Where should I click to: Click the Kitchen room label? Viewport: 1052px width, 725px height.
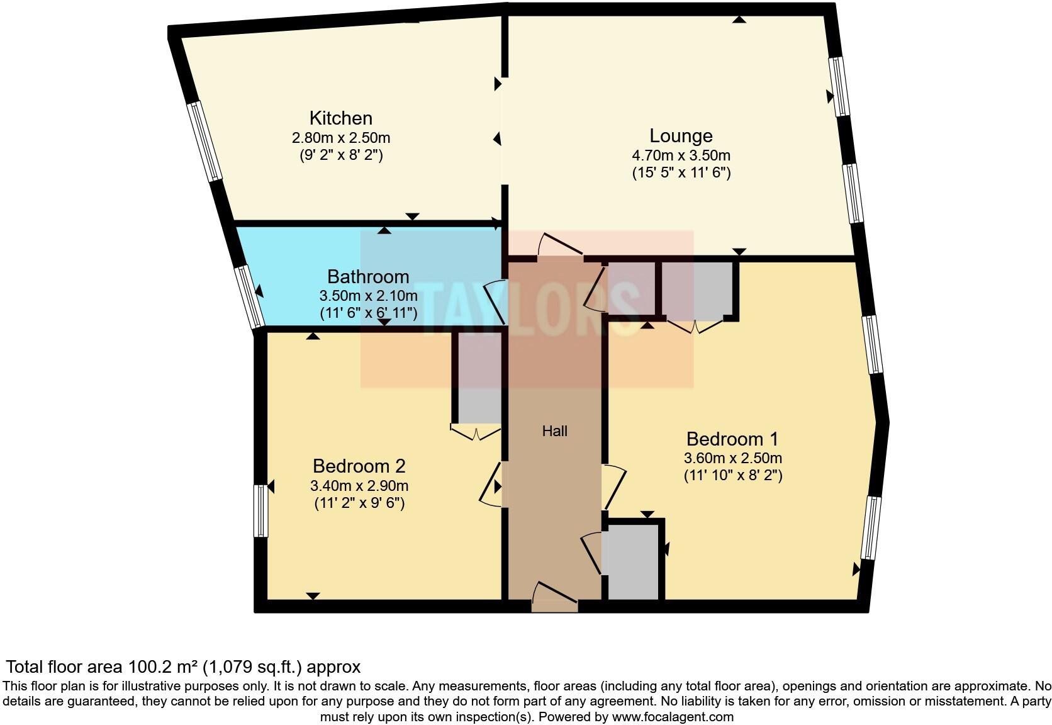pyautogui.click(x=340, y=118)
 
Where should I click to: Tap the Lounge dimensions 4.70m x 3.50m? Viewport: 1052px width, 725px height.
pyautogui.click(x=681, y=155)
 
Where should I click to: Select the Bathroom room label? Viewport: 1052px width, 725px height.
pyautogui.click(x=368, y=277)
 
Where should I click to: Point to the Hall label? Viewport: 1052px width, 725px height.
pyautogui.click(x=554, y=431)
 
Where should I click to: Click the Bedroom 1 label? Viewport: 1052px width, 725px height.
pyautogui.click(x=732, y=439)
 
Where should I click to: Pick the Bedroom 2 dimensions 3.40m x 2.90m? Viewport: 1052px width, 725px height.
pyautogui.click(x=359, y=486)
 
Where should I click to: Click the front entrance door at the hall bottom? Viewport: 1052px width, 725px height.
pyautogui.click(x=554, y=598)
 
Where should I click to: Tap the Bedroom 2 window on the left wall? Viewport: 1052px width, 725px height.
pyautogui.click(x=260, y=510)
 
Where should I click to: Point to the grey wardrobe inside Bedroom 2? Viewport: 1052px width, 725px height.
pyautogui.click(x=479, y=378)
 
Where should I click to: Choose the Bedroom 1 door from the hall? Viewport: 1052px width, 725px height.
pyautogui.click(x=614, y=486)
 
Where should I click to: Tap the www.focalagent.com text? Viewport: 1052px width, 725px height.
pyautogui.click(x=672, y=717)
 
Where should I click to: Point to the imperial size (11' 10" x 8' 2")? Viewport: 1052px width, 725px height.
pyautogui.click(x=732, y=475)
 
